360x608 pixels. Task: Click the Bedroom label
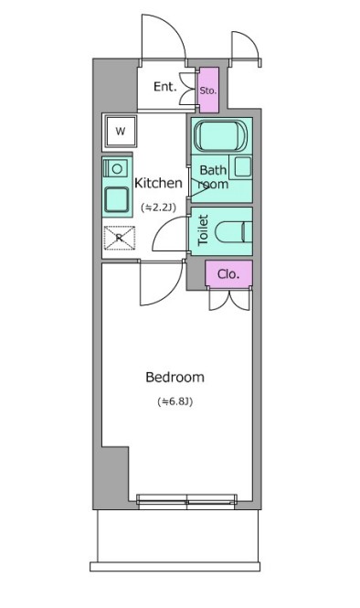click(175, 377)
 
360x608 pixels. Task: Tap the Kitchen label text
click(158, 183)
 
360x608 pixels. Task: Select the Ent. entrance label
click(165, 86)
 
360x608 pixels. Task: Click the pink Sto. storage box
click(208, 91)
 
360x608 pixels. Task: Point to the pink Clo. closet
click(228, 274)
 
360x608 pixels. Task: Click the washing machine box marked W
click(121, 131)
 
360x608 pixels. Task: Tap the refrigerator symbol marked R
click(120, 238)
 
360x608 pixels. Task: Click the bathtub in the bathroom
click(220, 135)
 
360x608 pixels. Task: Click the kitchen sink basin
click(116, 199)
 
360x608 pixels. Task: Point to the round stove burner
click(118, 168)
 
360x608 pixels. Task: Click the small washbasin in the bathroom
click(243, 166)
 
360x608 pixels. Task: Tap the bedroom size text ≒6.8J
click(175, 401)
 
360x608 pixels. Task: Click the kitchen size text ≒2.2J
click(158, 208)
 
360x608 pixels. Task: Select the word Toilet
click(203, 229)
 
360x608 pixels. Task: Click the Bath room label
click(213, 176)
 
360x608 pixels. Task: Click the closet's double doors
click(229, 300)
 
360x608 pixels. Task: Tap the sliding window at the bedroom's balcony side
click(186, 501)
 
